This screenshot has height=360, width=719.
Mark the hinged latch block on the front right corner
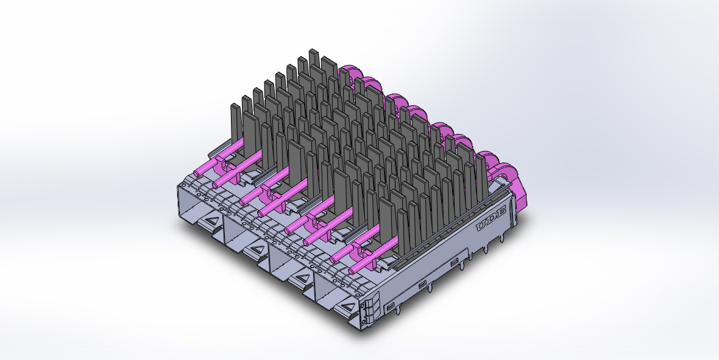click(x=369, y=311)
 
